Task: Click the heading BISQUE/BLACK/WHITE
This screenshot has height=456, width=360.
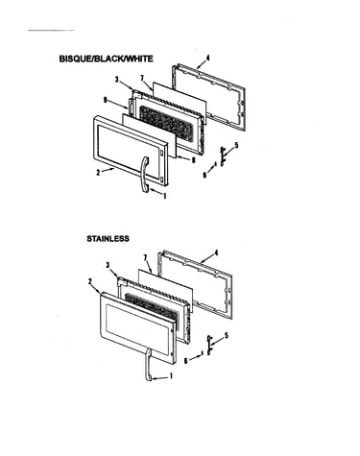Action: coord(106,59)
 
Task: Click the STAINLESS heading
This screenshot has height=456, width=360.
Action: coord(108,238)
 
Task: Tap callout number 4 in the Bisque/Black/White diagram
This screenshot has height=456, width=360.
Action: coord(207,58)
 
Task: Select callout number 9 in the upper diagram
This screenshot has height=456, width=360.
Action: coord(105,100)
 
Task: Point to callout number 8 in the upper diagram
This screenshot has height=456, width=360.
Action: coord(193,160)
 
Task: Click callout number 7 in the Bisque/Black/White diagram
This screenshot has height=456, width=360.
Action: coord(142,78)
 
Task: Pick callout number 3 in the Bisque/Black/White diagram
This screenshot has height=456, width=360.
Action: coord(117,80)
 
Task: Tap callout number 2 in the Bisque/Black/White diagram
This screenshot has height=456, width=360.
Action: coord(98,173)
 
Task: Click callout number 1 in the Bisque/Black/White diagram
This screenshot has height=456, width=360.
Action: coord(165,196)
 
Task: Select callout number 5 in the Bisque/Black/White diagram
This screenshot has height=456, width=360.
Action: coord(236,145)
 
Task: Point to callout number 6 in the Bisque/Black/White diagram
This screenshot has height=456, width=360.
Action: coord(204,175)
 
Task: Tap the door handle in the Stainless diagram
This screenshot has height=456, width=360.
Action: coord(148,365)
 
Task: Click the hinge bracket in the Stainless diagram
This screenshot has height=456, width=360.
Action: coord(209,345)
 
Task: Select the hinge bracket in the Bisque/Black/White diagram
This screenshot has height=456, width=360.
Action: coord(222,156)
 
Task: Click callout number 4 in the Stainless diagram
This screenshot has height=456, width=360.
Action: coord(216,252)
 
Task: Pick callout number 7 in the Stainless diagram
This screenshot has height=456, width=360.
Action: coord(145,257)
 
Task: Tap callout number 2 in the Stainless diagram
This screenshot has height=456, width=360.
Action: coord(90,281)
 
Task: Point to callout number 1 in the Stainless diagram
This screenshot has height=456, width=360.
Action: coord(171,375)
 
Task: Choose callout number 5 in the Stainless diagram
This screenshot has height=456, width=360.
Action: coord(227,336)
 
